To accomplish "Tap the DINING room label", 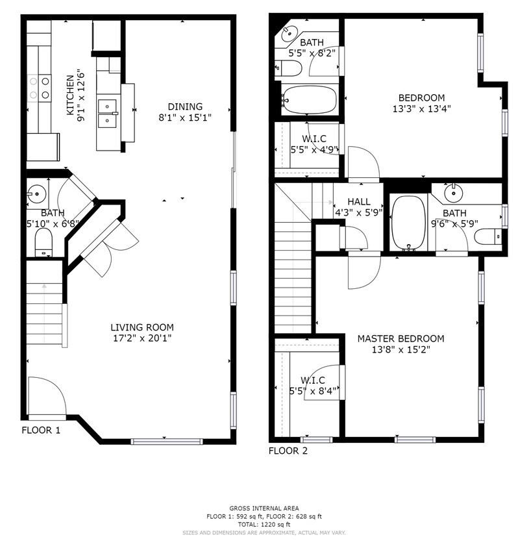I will [185, 106].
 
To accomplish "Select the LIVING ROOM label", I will [141, 327].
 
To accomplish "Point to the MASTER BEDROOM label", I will [400, 338].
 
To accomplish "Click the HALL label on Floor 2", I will [358, 202].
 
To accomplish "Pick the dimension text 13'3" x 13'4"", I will [421, 109].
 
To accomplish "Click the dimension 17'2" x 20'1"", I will [141, 338].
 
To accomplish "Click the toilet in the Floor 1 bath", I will [43, 244].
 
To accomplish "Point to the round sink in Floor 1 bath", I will [36, 193].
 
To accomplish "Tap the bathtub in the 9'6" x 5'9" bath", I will [408, 222].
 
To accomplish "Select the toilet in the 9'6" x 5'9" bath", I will [487, 236].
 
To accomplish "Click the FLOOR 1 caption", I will [41, 430].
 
